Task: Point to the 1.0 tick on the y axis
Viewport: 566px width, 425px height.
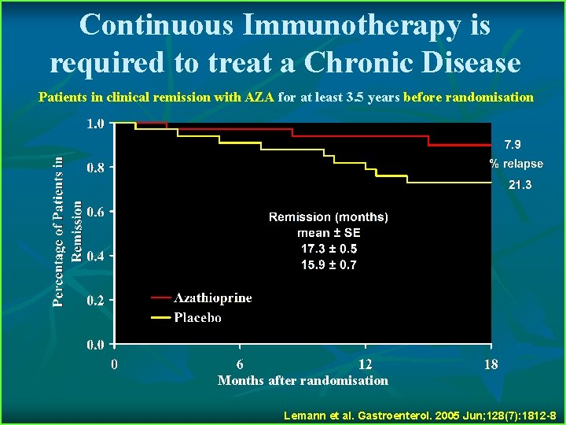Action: (x=95, y=124)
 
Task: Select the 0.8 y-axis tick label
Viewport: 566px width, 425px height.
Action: (x=95, y=168)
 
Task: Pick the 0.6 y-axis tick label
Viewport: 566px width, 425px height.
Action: (x=95, y=212)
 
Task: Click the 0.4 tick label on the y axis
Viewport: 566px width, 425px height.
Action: (x=95, y=256)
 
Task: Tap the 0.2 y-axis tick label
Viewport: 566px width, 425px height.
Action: (x=95, y=301)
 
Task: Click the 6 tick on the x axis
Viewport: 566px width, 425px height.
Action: (x=240, y=364)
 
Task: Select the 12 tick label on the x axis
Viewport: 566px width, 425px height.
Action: (x=365, y=364)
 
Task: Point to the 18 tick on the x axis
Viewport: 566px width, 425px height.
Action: (x=491, y=364)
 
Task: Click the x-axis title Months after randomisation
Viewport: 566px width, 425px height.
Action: (x=303, y=381)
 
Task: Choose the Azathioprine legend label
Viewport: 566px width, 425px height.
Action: (x=213, y=297)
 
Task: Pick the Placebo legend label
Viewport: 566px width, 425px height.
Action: (x=197, y=318)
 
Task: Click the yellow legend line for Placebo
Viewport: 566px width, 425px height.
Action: (x=160, y=318)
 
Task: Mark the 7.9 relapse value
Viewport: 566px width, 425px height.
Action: (x=513, y=144)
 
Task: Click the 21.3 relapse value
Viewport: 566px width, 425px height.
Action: (x=520, y=185)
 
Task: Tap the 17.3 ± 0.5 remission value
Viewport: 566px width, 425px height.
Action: (x=329, y=249)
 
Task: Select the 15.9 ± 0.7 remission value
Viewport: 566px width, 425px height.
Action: (x=329, y=265)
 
